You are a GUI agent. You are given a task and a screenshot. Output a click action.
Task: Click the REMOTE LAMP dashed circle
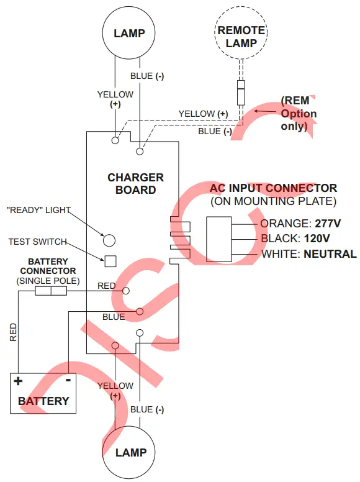click(215, 32)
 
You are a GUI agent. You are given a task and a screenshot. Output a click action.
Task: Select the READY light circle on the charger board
click(109, 240)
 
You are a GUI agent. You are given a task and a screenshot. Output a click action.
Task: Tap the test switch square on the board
click(110, 261)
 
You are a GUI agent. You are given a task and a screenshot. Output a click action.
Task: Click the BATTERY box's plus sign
click(18, 381)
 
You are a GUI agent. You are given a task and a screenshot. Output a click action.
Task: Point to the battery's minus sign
click(68, 380)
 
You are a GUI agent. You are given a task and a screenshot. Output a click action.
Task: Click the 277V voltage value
click(328, 224)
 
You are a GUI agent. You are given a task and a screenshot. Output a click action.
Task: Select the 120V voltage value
click(317, 239)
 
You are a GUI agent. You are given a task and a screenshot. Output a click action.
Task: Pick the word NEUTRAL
click(330, 254)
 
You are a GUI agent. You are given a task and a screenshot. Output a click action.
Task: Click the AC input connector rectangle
click(219, 240)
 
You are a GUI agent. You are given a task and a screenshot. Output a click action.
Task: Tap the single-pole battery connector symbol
click(51, 291)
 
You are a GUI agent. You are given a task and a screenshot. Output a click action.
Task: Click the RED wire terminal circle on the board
click(126, 291)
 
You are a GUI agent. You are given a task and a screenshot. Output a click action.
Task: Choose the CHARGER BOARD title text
click(135, 183)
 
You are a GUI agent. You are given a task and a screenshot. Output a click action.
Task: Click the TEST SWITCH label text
click(37, 242)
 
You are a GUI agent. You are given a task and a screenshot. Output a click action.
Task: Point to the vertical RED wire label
click(13, 332)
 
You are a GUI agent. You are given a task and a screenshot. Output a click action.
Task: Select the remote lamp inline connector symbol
click(241, 93)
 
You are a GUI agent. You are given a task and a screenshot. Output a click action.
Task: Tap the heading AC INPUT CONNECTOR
click(273, 188)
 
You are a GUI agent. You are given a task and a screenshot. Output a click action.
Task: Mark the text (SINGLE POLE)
click(48, 281)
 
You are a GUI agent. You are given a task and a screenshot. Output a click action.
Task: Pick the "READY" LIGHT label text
click(38, 211)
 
